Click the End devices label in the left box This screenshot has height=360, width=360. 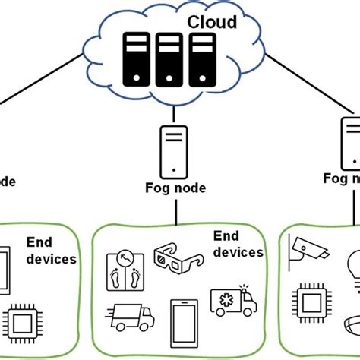tap(51, 250)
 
